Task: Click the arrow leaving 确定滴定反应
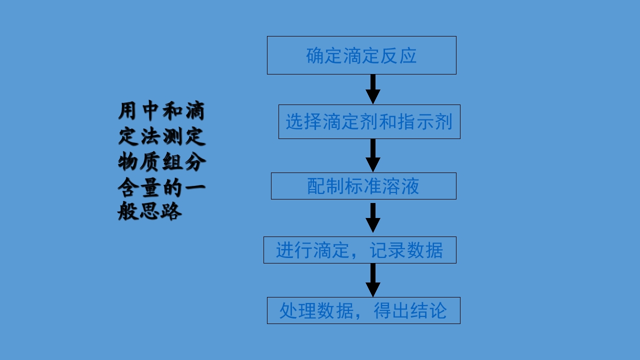pyautogui.click(x=373, y=89)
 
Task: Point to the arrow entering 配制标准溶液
pyautogui.click(x=373, y=155)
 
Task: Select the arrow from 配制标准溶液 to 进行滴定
pyautogui.click(x=373, y=217)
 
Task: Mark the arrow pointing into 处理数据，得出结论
pyautogui.click(x=373, y=280)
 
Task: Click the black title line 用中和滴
pyautogui.click(x=161, y=111)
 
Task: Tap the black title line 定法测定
pyautogui.click(x=161, y=137)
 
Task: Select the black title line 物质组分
pyautogui.click(x=161, y=162)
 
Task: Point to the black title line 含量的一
pyautogui.click(x=161, y=187)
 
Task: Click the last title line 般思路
pyautogui.click(x=149, y=212)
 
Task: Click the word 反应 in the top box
pyautogui.click(x=398, y=56)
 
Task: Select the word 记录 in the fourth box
pyautogui.click(x=387, y=250)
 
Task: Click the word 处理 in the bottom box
pyautogui.click(x=298, y=311)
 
